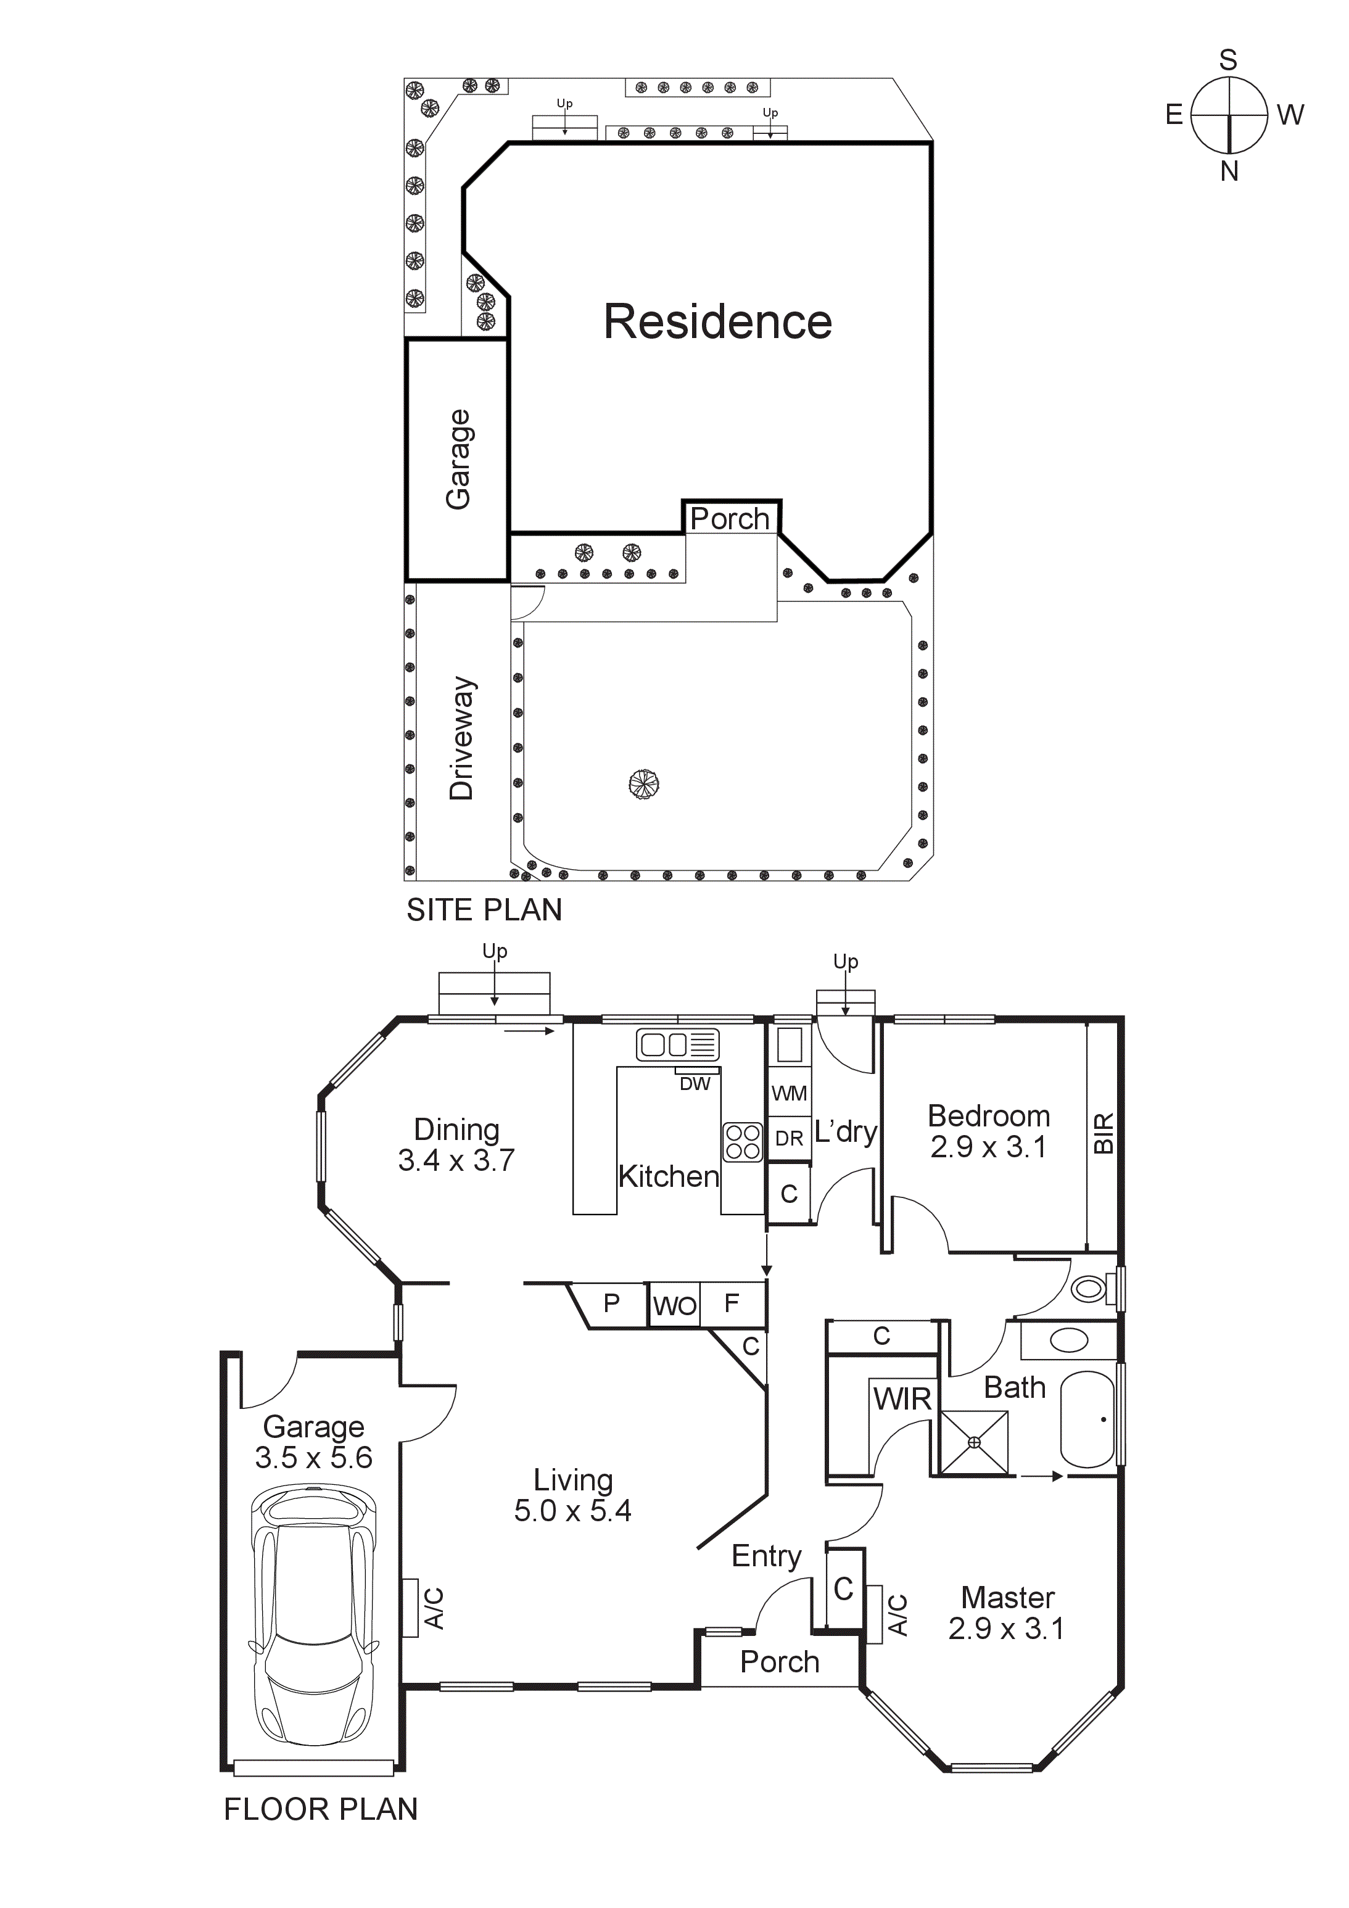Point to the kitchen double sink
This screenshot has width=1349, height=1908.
click(677, 1044)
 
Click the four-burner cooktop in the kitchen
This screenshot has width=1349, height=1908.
click(742, 1142)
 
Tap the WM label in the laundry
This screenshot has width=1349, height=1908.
click(789, 1094)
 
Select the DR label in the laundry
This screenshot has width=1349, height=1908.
click(789, 1139)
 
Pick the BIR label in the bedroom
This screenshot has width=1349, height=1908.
click(1103, 1133)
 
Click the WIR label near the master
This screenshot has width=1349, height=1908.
click(902, 1400)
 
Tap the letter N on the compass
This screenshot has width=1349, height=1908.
click(1229, 171)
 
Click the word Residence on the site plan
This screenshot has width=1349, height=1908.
click(717, 323)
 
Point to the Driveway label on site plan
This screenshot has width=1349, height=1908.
click(462, 738)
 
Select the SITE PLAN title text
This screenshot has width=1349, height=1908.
click(484, 910)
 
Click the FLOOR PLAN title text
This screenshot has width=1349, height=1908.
click(321, 1809)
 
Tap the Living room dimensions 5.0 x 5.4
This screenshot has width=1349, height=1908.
click(572, 1511)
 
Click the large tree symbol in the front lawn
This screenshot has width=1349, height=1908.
click(643, 783)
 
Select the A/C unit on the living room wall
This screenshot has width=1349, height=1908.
click(411, 1607)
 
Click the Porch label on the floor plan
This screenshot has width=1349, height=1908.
click(780, 1661)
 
